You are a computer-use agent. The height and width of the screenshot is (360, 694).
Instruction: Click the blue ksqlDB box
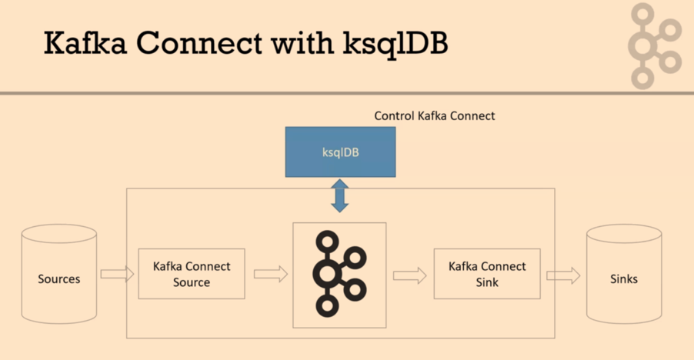340,152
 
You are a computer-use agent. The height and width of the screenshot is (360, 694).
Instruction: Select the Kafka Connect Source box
192,274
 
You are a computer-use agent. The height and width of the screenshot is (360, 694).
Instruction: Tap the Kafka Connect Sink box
487,274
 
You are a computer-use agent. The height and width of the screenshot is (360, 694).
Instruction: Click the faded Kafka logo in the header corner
655,45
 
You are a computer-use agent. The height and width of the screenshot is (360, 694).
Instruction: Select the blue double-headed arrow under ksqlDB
340,195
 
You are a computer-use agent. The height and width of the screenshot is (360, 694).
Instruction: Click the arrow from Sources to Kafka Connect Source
117,274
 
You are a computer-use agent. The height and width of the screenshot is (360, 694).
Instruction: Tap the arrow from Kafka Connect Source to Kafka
270,274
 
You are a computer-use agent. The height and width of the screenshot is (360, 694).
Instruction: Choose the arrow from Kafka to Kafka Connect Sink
409,275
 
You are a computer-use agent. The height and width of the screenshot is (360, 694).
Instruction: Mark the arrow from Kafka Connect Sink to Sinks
563,275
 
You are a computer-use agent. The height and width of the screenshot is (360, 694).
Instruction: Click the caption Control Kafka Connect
435,115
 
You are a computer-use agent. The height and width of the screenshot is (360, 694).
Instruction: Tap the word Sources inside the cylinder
59,278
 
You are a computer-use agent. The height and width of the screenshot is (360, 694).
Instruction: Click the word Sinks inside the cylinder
623,278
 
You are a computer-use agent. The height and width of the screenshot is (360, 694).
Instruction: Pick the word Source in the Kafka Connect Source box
192,282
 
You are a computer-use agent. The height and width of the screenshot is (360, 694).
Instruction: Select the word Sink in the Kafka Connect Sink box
487,282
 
